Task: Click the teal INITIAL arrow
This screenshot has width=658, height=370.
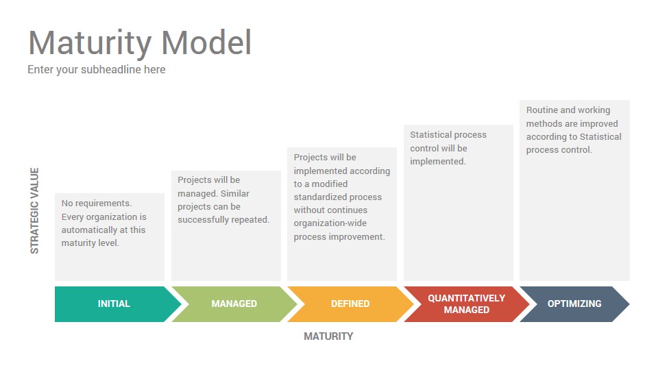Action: tap(115, 304)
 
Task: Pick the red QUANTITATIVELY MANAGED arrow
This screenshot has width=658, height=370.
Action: tap(467, 304)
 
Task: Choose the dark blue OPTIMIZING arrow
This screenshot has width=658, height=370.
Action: tap(574, 304)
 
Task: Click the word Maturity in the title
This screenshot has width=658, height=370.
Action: tap(90, 44)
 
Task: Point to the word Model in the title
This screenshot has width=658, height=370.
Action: tap(206, 42)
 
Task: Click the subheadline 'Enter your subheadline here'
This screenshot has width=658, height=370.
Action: tap(97, 70)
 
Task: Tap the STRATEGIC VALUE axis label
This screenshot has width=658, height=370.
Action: tap(34, 210)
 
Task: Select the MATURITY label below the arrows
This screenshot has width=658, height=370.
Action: tap(328, 336)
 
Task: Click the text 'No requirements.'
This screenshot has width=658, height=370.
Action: tap(97, 203)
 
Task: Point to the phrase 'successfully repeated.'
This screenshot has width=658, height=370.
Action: tap(223, 220)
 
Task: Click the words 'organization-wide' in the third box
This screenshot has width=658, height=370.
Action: tap(330, 223)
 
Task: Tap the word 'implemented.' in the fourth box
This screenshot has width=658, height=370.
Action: tap(438, 162)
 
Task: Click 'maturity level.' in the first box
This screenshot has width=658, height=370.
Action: tap(90, 243)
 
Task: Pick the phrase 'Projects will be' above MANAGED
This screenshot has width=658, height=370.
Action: tap(208, 180)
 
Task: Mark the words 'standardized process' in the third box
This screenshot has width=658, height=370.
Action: tap(338, 197)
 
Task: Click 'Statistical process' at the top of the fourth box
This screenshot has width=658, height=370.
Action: tap(448, 135)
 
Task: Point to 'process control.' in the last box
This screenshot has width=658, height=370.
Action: tap(559, 150)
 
